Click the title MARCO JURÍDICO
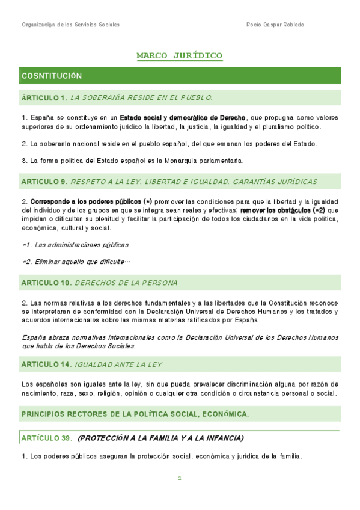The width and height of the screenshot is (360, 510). pyautogui.click(x=179, y=56)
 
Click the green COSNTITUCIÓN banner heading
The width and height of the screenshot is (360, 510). pyautogui.click(x=51, y=76)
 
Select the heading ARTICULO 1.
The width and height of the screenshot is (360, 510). pyautogui.click(x=44, y=97)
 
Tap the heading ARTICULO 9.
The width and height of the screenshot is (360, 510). pyautogui.click(x=44, y=181)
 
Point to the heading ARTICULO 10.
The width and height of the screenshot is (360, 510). pyautogui.click(x=46, y=282)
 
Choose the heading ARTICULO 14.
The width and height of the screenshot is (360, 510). pyautogui.click(x=46, y=364)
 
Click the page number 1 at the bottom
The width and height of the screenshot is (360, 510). pyautogui.click(x=179, y=478)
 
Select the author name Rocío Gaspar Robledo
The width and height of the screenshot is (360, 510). pyautogui.click(x=275, y=25)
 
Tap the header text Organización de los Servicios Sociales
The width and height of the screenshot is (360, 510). pyautogui.click(x=70, y=25)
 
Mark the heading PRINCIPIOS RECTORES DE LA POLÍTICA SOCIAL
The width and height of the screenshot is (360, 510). pyautogui.click(x=135, y=414)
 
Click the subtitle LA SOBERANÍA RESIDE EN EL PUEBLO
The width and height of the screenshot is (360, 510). pyautogui.click(x=141, y=97)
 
